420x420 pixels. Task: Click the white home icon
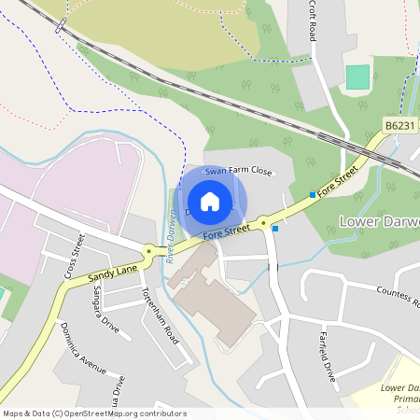[x=210, y=201]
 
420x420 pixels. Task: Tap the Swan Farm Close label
[x=238, y=172]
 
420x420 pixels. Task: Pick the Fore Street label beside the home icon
[x=227, y=230]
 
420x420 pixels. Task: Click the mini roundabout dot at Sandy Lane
[x=148, y=250]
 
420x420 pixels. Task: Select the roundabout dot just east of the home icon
[x=263, y=223]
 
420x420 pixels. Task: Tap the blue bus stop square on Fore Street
[x=312, y=194]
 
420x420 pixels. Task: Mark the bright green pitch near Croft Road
[x=357, y=77]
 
